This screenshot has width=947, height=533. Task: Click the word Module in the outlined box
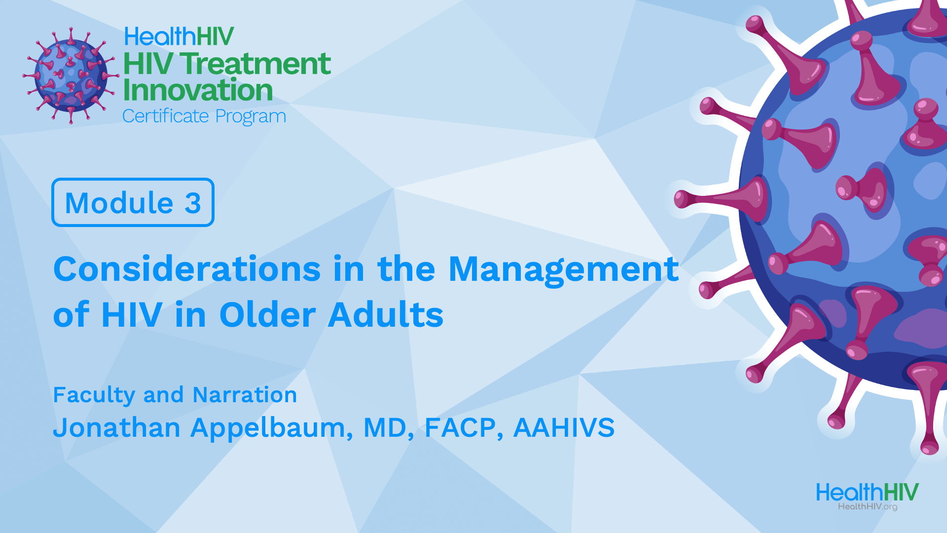tap(119, 203)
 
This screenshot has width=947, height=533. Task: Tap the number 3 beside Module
tap(193, 203)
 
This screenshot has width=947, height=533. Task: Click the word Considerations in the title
tap(187, 269)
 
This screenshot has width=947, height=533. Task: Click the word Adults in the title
tap(386, 314)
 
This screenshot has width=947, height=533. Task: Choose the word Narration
tap(245, 395)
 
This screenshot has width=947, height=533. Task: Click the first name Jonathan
tap(116, 427)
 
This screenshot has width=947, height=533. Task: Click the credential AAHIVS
tap(564, 427)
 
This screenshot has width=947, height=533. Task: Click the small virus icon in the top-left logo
tap(71, 75)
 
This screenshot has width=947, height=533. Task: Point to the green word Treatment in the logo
tap(255, 64)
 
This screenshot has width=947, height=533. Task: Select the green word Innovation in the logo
tap(198, 90)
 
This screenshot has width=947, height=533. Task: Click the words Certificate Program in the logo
tap(204, 117)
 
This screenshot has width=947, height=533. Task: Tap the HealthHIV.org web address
tap(868, 507)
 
